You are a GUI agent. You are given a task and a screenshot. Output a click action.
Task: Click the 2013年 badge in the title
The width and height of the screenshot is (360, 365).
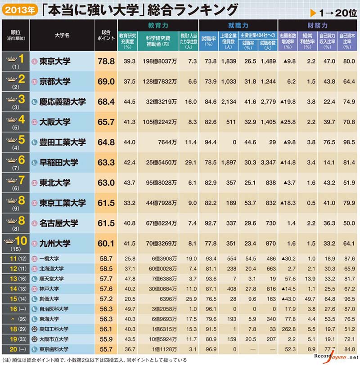click(18, 9)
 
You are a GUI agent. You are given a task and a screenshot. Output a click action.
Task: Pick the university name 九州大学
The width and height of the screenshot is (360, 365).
click(55, 243)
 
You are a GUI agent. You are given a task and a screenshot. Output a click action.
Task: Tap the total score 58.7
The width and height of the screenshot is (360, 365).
click(106, 259)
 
